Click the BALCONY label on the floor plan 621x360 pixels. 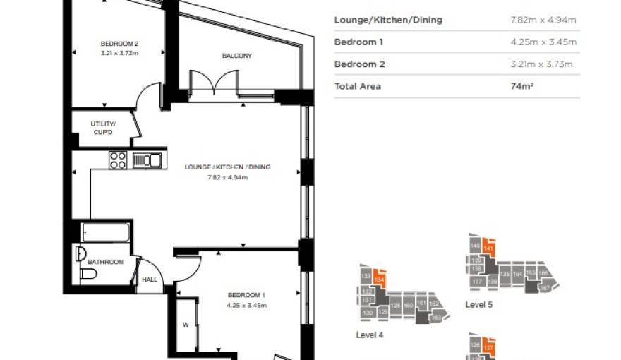pos(236,56)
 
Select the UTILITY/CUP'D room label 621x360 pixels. pos(103,128)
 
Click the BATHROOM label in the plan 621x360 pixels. pos(106,262)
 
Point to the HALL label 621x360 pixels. pos(150,280)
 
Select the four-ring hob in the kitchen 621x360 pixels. pos(118,160)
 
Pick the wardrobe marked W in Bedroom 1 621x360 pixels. pos(186,325)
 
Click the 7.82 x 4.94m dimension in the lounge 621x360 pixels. pos(227,177)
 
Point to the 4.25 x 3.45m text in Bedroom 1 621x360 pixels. pos(246,305)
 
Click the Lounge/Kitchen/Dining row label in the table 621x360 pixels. pos(388,20)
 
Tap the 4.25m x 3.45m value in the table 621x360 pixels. pos(543,42)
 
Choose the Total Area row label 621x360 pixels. pos(357,86)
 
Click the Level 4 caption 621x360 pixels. pos(370,335)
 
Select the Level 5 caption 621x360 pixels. pos(478,305)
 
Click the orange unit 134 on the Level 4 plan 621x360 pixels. pos(380,279)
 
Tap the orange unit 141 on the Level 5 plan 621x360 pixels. pos(488,248)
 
